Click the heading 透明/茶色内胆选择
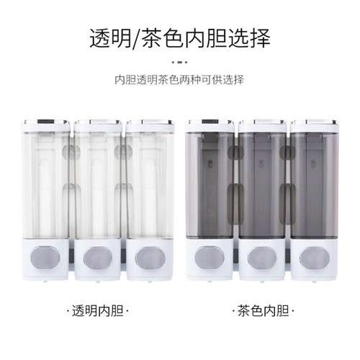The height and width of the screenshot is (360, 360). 179,37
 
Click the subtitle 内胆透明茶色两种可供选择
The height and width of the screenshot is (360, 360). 179,79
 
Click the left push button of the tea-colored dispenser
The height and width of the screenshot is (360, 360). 210,257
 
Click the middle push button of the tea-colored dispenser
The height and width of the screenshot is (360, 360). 262,257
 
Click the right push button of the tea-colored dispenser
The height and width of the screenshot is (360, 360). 314,257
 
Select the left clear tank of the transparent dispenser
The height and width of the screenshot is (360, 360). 45,184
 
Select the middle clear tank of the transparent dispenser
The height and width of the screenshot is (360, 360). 97,184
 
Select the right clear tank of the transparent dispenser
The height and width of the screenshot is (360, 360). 149,184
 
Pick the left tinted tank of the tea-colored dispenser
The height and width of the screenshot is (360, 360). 210,184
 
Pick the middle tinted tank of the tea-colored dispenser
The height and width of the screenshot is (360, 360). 262,184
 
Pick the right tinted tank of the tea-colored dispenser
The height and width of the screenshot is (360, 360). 314,184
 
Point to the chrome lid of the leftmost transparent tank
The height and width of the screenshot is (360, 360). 45,124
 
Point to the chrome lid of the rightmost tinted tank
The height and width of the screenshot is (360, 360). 314,124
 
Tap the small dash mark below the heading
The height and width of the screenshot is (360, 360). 179,61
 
